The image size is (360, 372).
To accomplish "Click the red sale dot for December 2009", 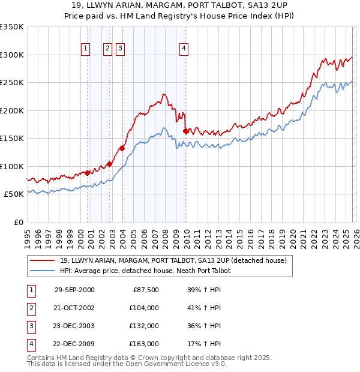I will [x=185, y=130].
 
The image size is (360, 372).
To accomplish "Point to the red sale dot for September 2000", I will [x=88, y=173].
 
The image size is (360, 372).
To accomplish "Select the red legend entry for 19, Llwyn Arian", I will [x=173, y=260].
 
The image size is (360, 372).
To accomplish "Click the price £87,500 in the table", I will [x=145, y=290].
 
